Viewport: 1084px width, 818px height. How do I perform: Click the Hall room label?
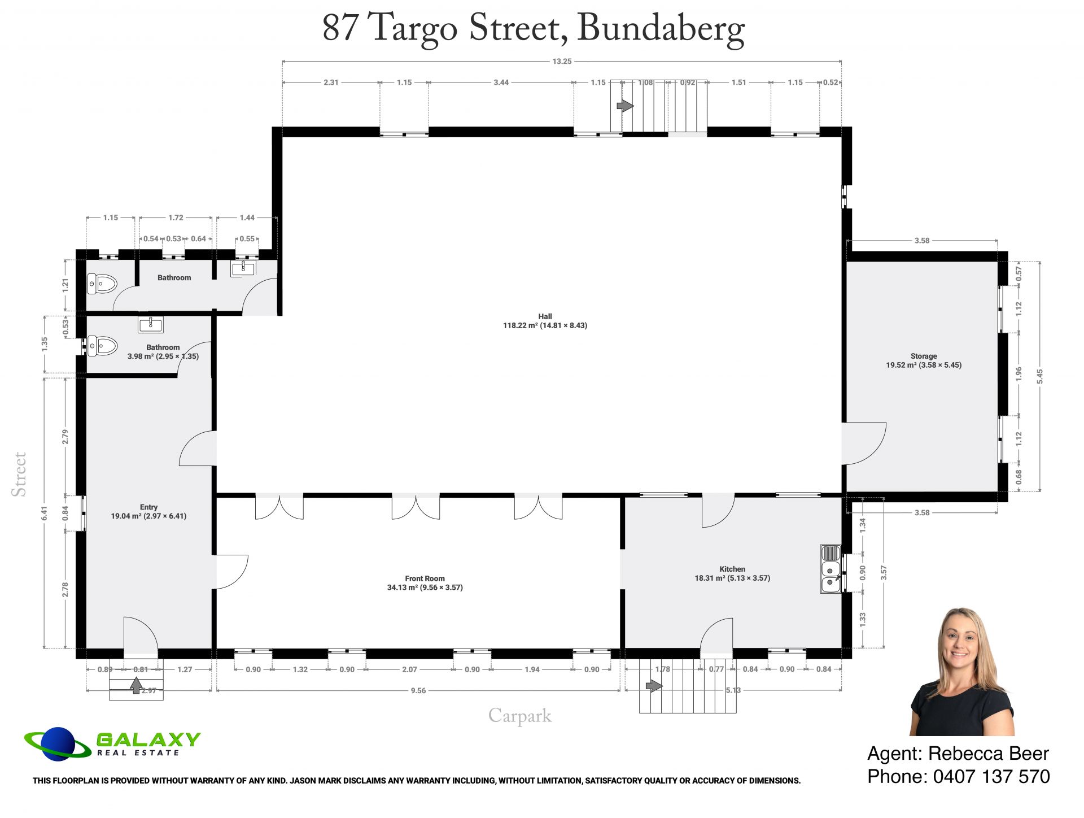pyautogui.click(x=545, y=321)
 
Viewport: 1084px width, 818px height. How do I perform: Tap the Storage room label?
pyautogui.click(x=924, y=360)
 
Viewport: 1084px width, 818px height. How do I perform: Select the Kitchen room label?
pyautogui.click(x=732, y=573)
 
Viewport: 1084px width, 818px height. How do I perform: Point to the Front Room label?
pyautogui.click(x=425, y=583)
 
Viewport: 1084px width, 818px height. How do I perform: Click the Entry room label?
pyautogui.click(x=148, y=511)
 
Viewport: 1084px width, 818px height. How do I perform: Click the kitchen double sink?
pyautogui.click(x=831, y=569)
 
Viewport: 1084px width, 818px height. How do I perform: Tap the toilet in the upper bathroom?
pyautogui.click(x=102, y=283)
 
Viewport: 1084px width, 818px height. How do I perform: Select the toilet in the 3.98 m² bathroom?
pyautogui.click(x=102, y=345)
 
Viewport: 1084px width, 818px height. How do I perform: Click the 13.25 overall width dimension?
pyautogui.click(x=562, y=61)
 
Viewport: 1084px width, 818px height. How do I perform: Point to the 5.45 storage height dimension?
pyautogui.click(x=1040, y=376)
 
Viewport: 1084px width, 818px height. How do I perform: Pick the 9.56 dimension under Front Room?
pyautogui.click(x=418, y=690)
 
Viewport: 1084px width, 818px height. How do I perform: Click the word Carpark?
pyautogui.click(x=520, y=716)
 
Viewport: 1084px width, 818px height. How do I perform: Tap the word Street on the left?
pyautogui.click(x=19, y=475)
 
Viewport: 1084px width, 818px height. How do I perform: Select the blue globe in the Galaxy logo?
pyautogui.click(x=58, y=744)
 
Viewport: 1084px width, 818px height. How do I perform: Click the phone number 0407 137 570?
pyautogui.click(x=991, y=777)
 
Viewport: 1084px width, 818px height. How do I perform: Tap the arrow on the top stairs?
pyautogui.click(x=625, y=106)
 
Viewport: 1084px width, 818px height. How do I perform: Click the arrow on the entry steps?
pyautogui.click(x=136, y=685)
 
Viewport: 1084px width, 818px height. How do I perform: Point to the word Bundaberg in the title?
pyautogui.click(x=661, y=29)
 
